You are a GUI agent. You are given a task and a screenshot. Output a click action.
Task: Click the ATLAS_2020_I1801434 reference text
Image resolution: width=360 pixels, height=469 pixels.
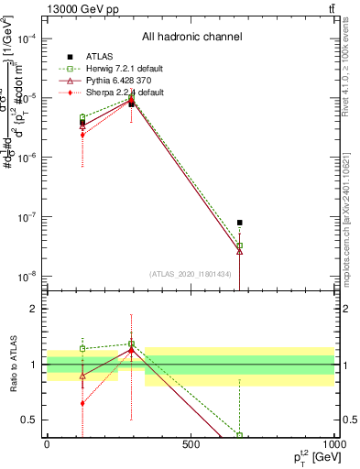coord(191,273)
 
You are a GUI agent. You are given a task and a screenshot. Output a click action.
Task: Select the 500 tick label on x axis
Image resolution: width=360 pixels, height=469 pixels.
coord(191,444)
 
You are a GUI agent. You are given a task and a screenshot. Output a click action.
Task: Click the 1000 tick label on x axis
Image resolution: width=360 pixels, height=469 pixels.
coord(333,444)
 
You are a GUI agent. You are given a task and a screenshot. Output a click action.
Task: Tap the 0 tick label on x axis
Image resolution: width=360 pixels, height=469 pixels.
coord(47,444)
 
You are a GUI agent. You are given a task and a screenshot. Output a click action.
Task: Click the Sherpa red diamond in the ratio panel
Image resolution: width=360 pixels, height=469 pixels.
coord(82,403)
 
